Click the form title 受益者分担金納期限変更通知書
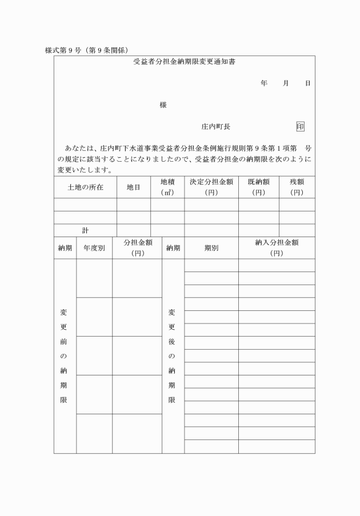tap(184, 62)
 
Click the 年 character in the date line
tap(263, 83)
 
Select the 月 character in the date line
tap(286, 83)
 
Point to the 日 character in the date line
tap(307, 83)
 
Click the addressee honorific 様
tap(163, 105)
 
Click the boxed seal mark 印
tap(301, 127)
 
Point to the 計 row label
tap(85, 230)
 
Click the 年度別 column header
tap(94, 248)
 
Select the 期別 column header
tap(211, 248)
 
